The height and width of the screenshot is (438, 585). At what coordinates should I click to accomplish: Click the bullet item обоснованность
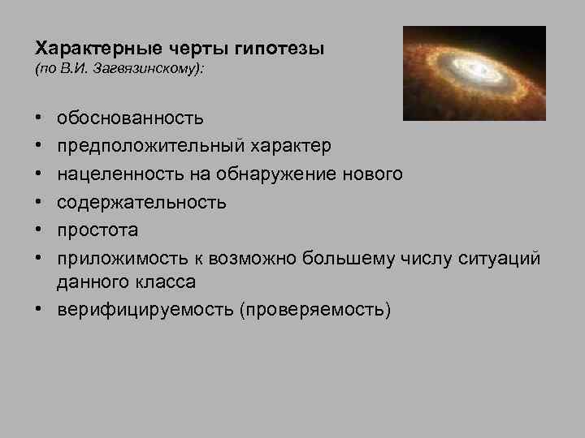130,119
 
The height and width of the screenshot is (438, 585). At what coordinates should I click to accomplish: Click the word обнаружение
259,174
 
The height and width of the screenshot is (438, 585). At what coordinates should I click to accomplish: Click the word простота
97,230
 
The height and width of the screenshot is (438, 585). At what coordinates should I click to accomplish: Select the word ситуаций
506,258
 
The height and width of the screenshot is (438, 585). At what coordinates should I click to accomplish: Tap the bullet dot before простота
39,230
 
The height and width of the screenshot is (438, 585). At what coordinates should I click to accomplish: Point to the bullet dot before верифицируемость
39,310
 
